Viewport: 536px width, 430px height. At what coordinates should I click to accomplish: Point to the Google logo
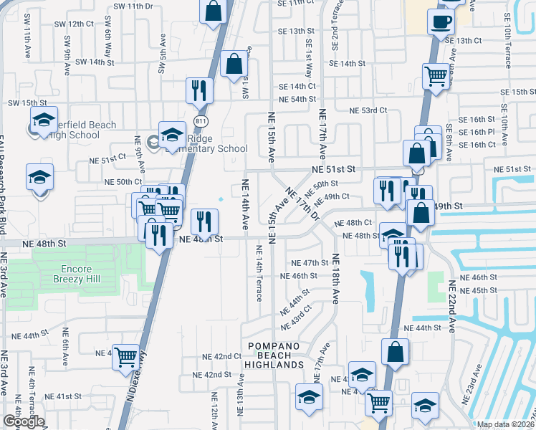pos(23,421)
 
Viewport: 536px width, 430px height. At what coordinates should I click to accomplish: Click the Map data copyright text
pos(506,424)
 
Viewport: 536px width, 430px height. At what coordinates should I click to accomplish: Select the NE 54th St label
pos(297,99)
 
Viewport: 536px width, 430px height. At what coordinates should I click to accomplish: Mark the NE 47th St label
pos(310,263)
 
